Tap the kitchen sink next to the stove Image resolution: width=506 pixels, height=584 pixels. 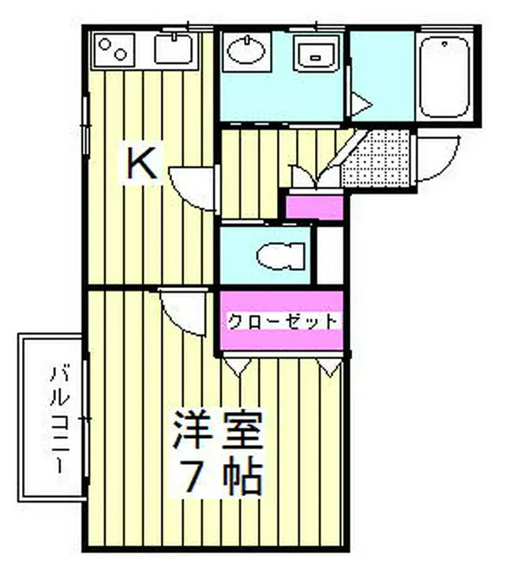click(x=174, y=50)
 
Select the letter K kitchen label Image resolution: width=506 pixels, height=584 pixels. click(x=144, y=163)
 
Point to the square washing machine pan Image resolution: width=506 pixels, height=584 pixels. click(x=317, y=53)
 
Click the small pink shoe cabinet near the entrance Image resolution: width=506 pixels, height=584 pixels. click(x=314, y=207)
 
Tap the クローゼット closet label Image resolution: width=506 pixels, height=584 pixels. click(x=282, y=321)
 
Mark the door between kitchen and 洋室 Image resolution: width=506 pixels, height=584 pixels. click(x=181, y=309)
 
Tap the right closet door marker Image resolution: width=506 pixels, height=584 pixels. click(x=331, y=365)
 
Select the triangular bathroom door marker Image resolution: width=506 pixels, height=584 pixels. click(x=360, y=103)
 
